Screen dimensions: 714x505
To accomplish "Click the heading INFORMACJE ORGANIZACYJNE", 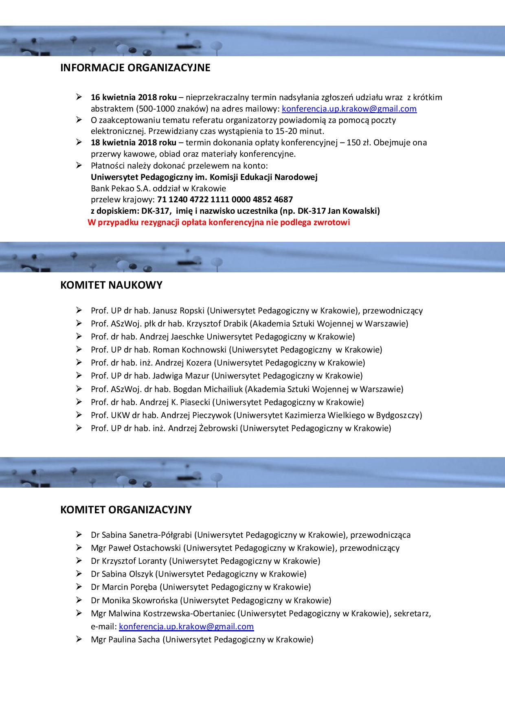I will pos(135,68).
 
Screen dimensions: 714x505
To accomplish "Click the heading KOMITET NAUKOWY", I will pos(111,285).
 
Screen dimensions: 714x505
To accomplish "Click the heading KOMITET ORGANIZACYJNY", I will pos(126,510).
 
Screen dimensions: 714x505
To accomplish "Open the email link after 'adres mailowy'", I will pos(349,109).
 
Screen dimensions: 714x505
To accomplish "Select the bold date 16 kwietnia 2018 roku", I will pos(134,97).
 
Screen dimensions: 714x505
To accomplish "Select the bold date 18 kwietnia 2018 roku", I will pos(134,142).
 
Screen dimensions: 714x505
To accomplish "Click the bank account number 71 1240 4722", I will pos(225,199).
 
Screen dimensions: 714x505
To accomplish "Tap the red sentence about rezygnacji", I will pos(219,222).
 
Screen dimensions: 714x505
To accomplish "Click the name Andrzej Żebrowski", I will pos(204,428).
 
